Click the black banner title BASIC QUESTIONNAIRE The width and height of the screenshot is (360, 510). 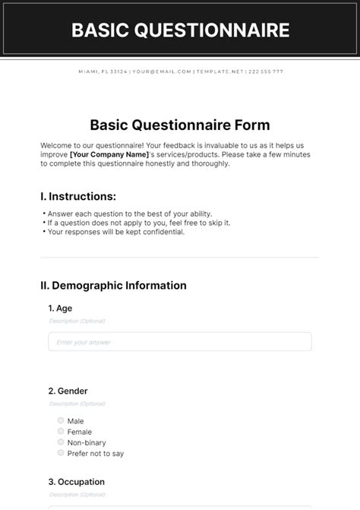click(180, 30)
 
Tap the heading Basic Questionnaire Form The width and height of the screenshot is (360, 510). click(180, 125)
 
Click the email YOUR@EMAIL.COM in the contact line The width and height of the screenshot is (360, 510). click(161, 71)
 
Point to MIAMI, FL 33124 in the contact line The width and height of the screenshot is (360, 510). click(103, 71)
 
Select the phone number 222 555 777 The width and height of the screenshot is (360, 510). click(266, 71)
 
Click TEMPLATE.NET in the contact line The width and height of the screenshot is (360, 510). click(219, 71)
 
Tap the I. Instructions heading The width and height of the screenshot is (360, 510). click(78, 196)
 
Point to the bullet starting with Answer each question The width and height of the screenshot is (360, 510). click(129, 214)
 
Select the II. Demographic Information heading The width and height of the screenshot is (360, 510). click(113, 286)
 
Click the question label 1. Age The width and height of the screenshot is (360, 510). click(60, 309)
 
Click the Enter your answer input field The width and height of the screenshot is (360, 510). click(180, 342)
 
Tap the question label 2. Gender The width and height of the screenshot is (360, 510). click(68, 391)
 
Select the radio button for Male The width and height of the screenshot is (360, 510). click(60, 420)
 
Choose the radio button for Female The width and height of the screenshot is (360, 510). click(60, 431)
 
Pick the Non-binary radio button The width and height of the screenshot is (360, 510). click(60, 442)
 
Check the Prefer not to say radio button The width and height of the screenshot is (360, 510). click(60, 452)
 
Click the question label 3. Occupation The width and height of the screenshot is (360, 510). click(76, 482)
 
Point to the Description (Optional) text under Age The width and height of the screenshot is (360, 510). click(77, 321)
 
